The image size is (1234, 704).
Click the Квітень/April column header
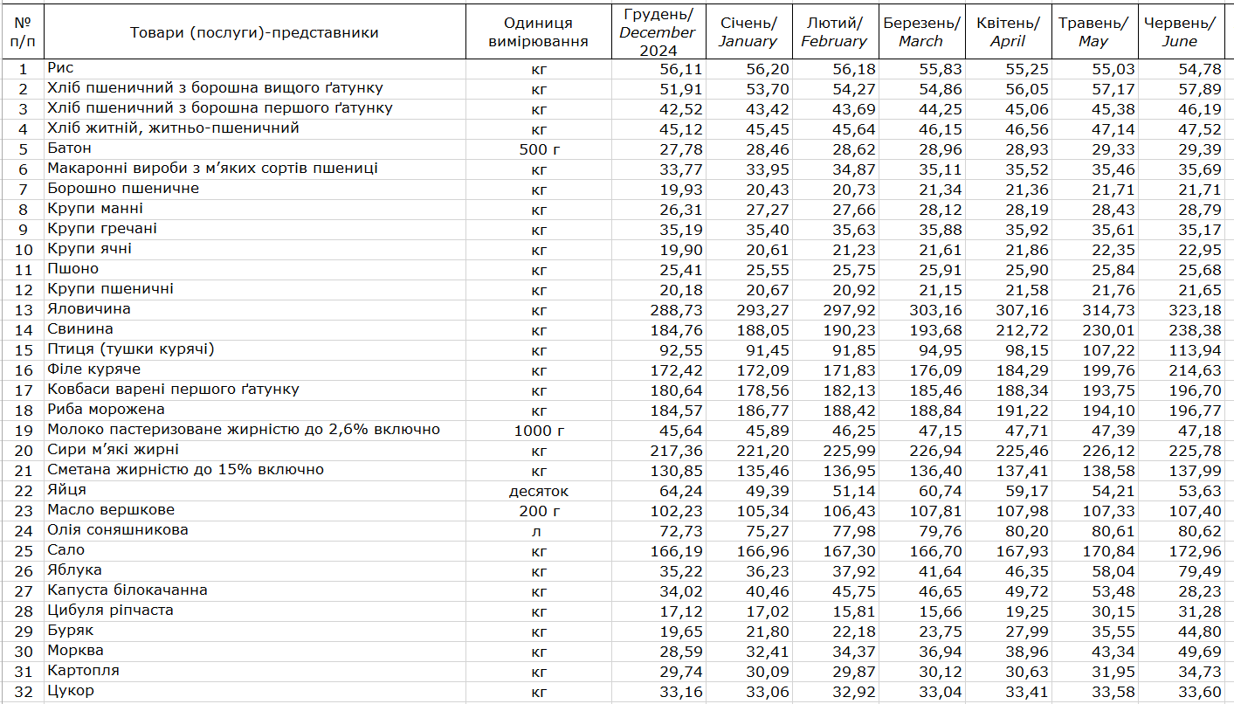[x=1008, y=31]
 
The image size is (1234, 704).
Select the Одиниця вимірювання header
[x=538, y=31]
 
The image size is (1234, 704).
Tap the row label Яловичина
[x=89, y=309]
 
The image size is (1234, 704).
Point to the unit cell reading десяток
[x=538, y=491]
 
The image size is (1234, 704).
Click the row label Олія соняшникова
[x=118, y=530]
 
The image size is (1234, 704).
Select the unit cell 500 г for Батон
[x=538, y=149]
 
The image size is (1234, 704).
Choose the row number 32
[x=24, y=692]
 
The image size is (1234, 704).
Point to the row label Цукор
[x=71, y=691]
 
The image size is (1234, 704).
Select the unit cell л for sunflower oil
[x=538, y=531]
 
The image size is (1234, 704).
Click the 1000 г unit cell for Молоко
[x=538, y=431]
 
